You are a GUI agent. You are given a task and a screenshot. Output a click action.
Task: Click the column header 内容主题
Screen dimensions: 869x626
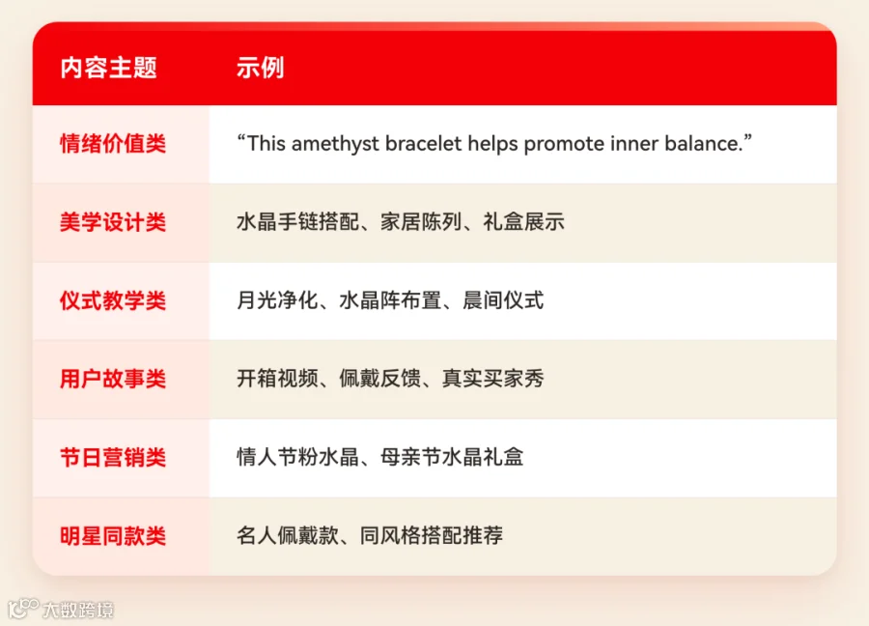[x=108, y=69]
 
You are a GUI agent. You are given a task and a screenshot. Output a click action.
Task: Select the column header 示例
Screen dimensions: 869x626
[x=260, y=69]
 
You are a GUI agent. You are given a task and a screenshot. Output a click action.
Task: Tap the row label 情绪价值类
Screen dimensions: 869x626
[x=113, y=144]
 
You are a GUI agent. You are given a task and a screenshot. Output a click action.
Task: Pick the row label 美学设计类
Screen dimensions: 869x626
[x=113, y=222]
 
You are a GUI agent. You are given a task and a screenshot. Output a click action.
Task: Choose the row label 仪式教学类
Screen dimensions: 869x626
[x=113, y=301]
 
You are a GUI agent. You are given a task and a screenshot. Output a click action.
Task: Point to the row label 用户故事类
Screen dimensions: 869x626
[x=113, y=380]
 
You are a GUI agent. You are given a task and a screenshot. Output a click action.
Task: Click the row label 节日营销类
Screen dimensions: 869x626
[x=113, y=458]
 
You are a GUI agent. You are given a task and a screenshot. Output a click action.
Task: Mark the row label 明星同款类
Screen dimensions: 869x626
[x=113, y=536]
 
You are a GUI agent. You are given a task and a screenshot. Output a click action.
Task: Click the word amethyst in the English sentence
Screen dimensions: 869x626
[x=335, y=144]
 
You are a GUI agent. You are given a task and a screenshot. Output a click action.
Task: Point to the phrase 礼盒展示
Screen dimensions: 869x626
[x=523, y=222]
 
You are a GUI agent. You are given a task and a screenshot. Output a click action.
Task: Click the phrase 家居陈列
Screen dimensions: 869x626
[x=421, y=222]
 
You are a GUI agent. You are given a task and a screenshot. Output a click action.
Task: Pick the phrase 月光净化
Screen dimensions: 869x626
[x=277, y=300]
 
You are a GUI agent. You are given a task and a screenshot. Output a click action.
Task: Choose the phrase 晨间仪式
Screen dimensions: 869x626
[x=503, y=300]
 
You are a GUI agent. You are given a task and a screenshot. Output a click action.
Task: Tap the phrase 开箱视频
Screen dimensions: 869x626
[x=277, y=379]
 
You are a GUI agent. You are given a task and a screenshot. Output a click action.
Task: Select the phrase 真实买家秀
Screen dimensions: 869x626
[x=493, y=379]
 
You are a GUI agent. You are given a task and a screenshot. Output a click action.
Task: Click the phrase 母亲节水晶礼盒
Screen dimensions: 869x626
[x=452, y=458]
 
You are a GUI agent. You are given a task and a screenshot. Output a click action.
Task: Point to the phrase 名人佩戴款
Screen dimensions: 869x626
[x=288, y=535]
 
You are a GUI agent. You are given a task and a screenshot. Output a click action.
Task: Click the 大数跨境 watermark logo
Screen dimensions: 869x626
[x=61, y=609]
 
